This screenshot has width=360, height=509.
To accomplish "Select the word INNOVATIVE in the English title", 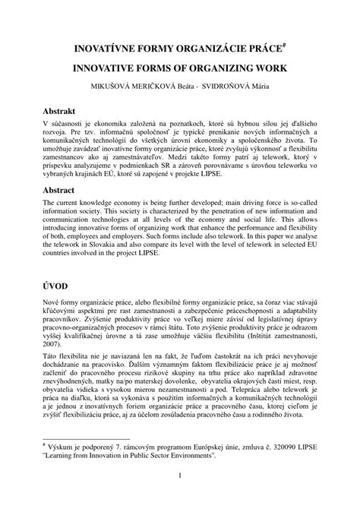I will (111, 68).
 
